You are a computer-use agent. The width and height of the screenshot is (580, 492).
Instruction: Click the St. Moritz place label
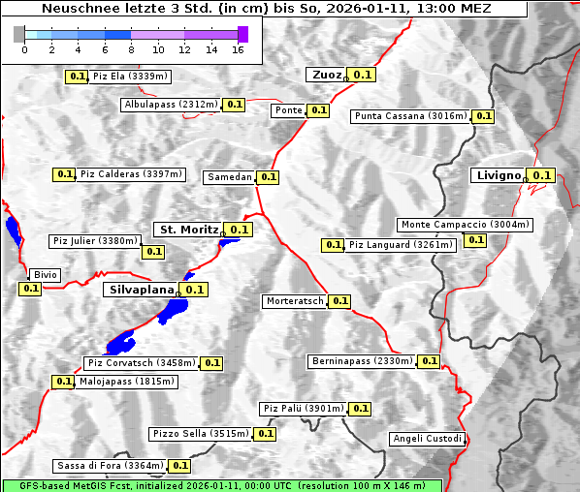point(187,230)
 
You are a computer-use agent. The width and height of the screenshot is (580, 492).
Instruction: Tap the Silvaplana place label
point(141,289)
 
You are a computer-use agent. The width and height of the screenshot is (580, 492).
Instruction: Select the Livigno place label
point(498,175)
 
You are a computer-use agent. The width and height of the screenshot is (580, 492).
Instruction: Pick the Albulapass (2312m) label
point(171,105)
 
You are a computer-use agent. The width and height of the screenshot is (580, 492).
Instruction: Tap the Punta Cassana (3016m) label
point(410,116)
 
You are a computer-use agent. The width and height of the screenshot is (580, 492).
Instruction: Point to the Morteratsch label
point(295,301)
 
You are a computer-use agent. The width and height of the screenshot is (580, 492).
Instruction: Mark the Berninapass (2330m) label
point(362,361)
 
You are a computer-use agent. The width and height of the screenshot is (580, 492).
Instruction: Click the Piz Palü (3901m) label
point(303,409)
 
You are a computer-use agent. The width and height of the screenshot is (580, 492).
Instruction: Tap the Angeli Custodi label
point(427,439)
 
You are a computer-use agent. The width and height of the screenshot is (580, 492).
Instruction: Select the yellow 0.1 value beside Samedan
point(269,177)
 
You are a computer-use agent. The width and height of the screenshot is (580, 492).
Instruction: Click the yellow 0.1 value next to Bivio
point(30,289)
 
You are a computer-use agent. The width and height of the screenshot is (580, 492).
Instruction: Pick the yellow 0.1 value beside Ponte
point(318,110)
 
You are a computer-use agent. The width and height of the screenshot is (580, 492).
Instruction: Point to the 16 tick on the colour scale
point(238,49)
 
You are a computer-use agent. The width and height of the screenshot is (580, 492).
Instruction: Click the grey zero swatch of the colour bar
point(19,34)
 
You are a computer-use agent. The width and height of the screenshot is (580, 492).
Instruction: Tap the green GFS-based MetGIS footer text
point(221,485)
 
